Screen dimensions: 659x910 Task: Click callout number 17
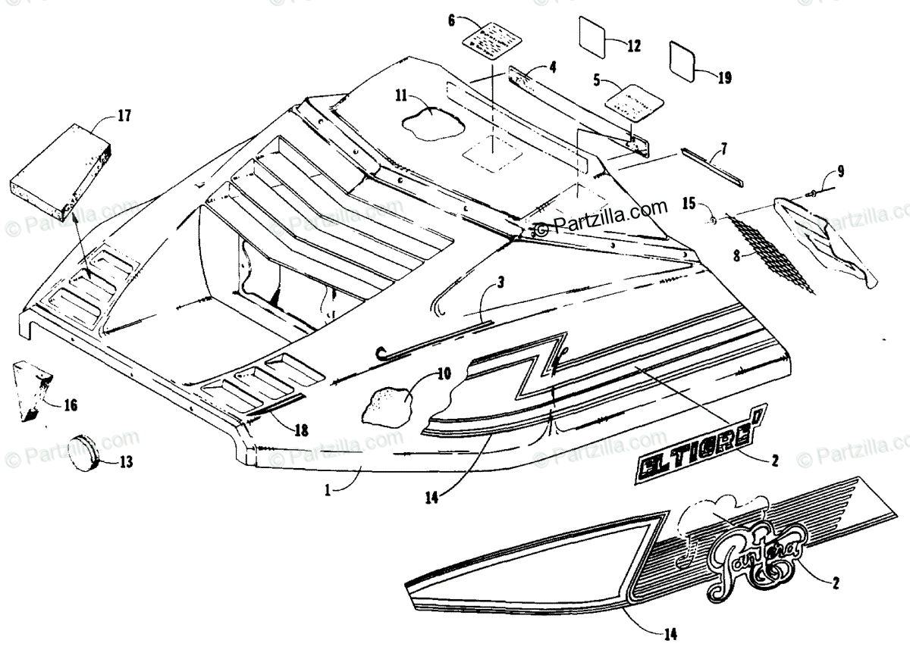[124, 116]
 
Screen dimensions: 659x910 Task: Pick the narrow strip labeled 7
[713, 167]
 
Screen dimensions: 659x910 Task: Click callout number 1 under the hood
[328, 491]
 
